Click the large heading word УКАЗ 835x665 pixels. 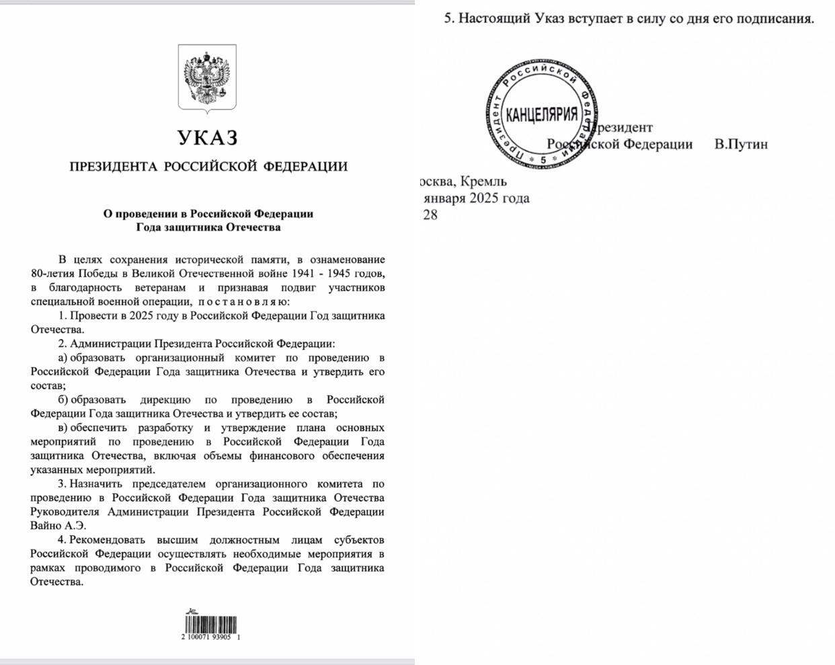click(x=208, y=139)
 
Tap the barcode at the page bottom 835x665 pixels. click(x=211, y=624)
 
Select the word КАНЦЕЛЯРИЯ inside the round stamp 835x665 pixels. click(x=541, y=114)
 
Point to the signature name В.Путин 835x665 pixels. click(x=741, y=145)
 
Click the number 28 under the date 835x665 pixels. click(x=430, y=215)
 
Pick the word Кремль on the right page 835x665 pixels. click(x=485, y=182)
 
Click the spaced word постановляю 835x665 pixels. click(x=243, y=302)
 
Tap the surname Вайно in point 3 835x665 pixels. click(x=46, y=526)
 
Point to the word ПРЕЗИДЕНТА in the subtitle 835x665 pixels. click(x=114, y=167)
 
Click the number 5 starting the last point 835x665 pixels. click(x=448, y=18)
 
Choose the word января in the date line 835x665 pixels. click(x=444, y=198)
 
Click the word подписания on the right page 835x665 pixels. click(x=777, y=18)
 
